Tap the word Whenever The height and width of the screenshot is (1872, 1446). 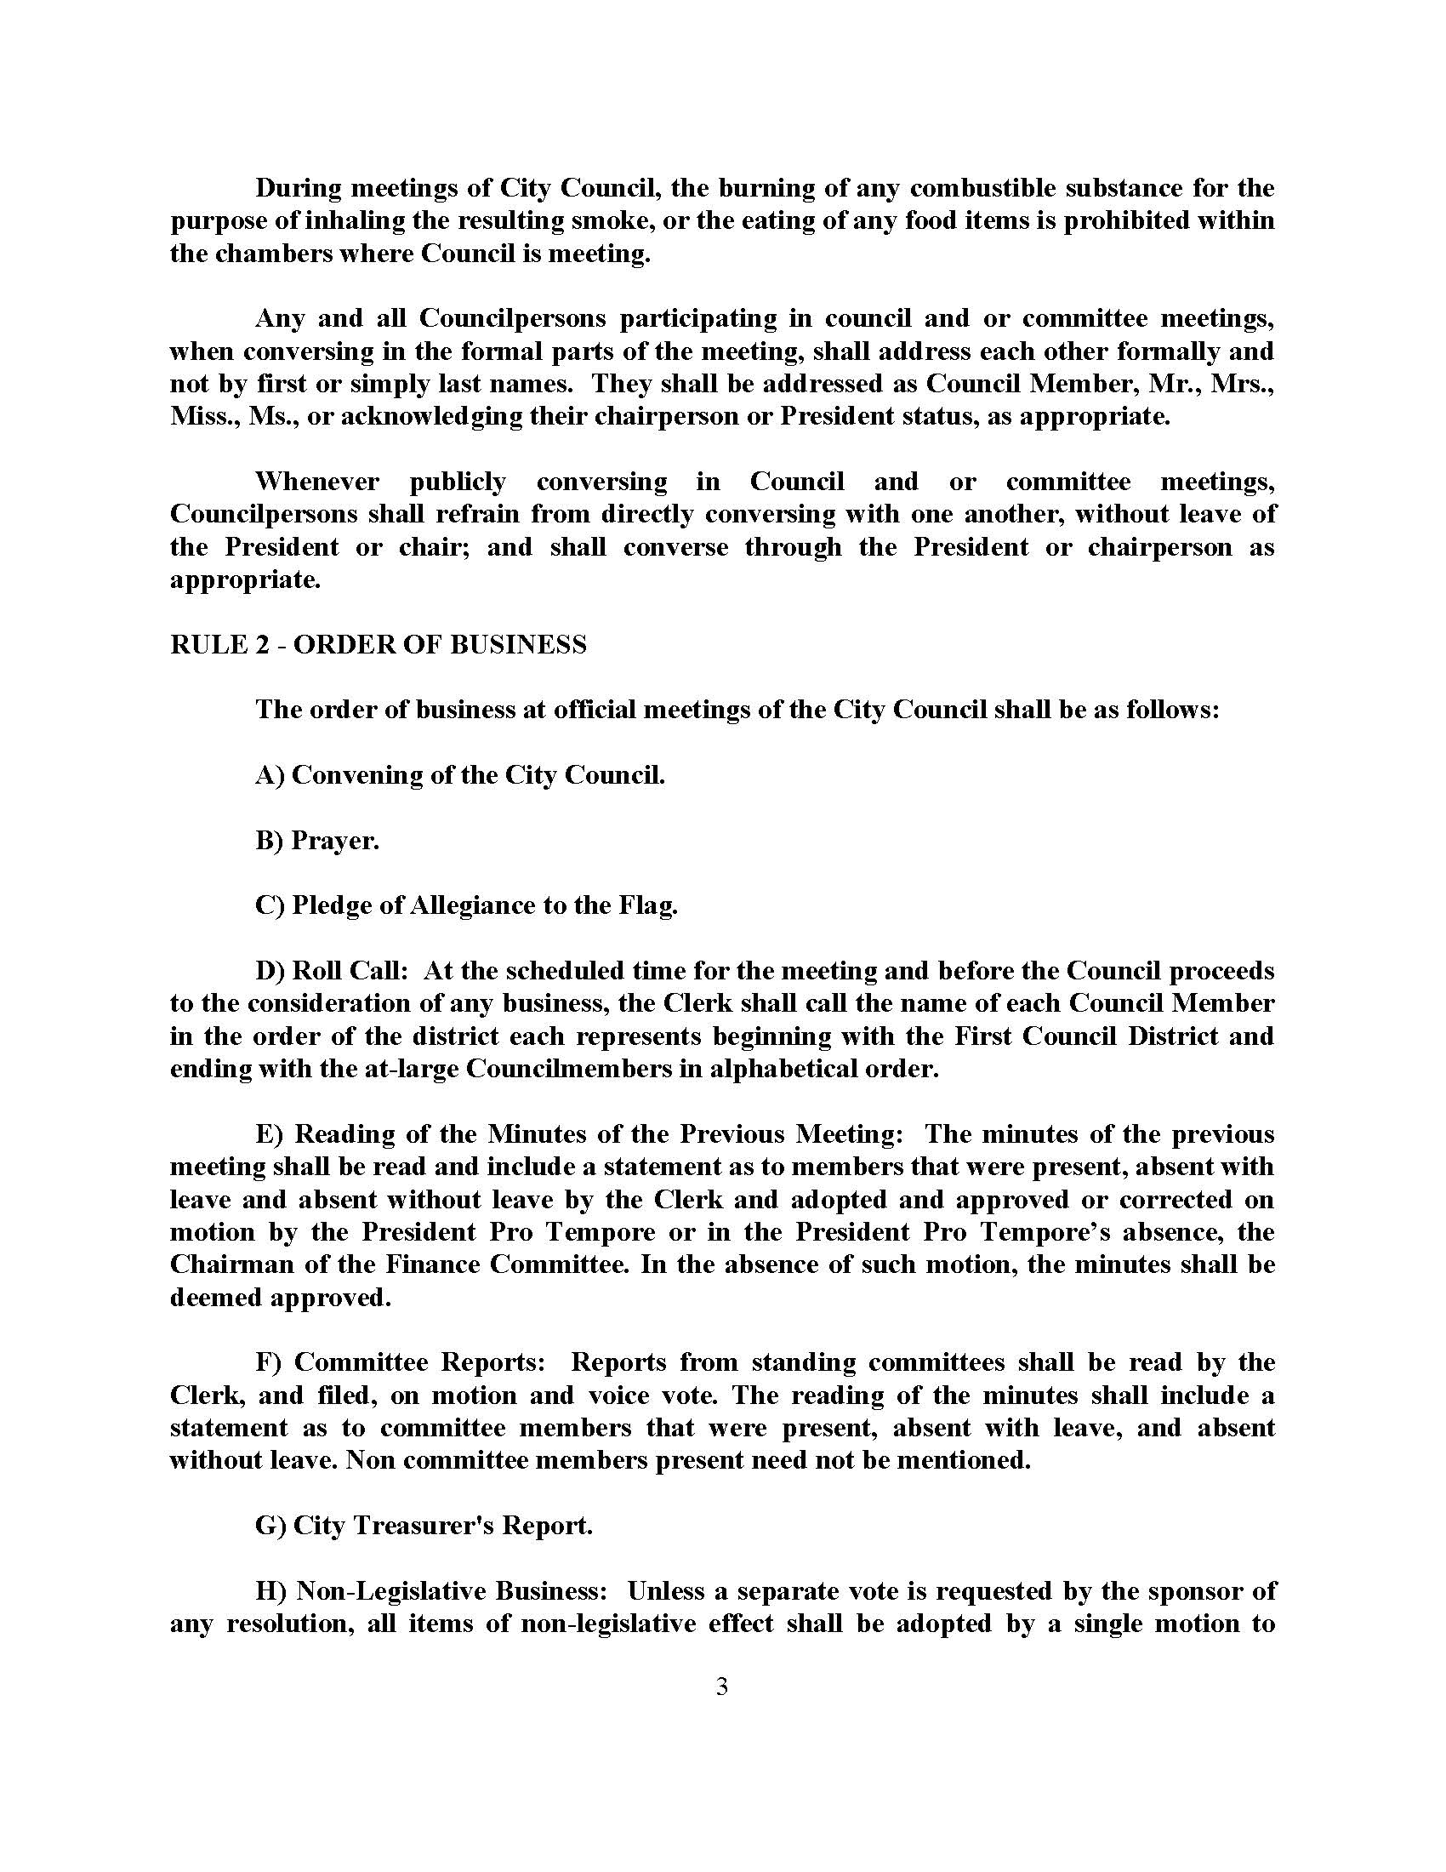317,482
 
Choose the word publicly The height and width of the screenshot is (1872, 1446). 458,482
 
